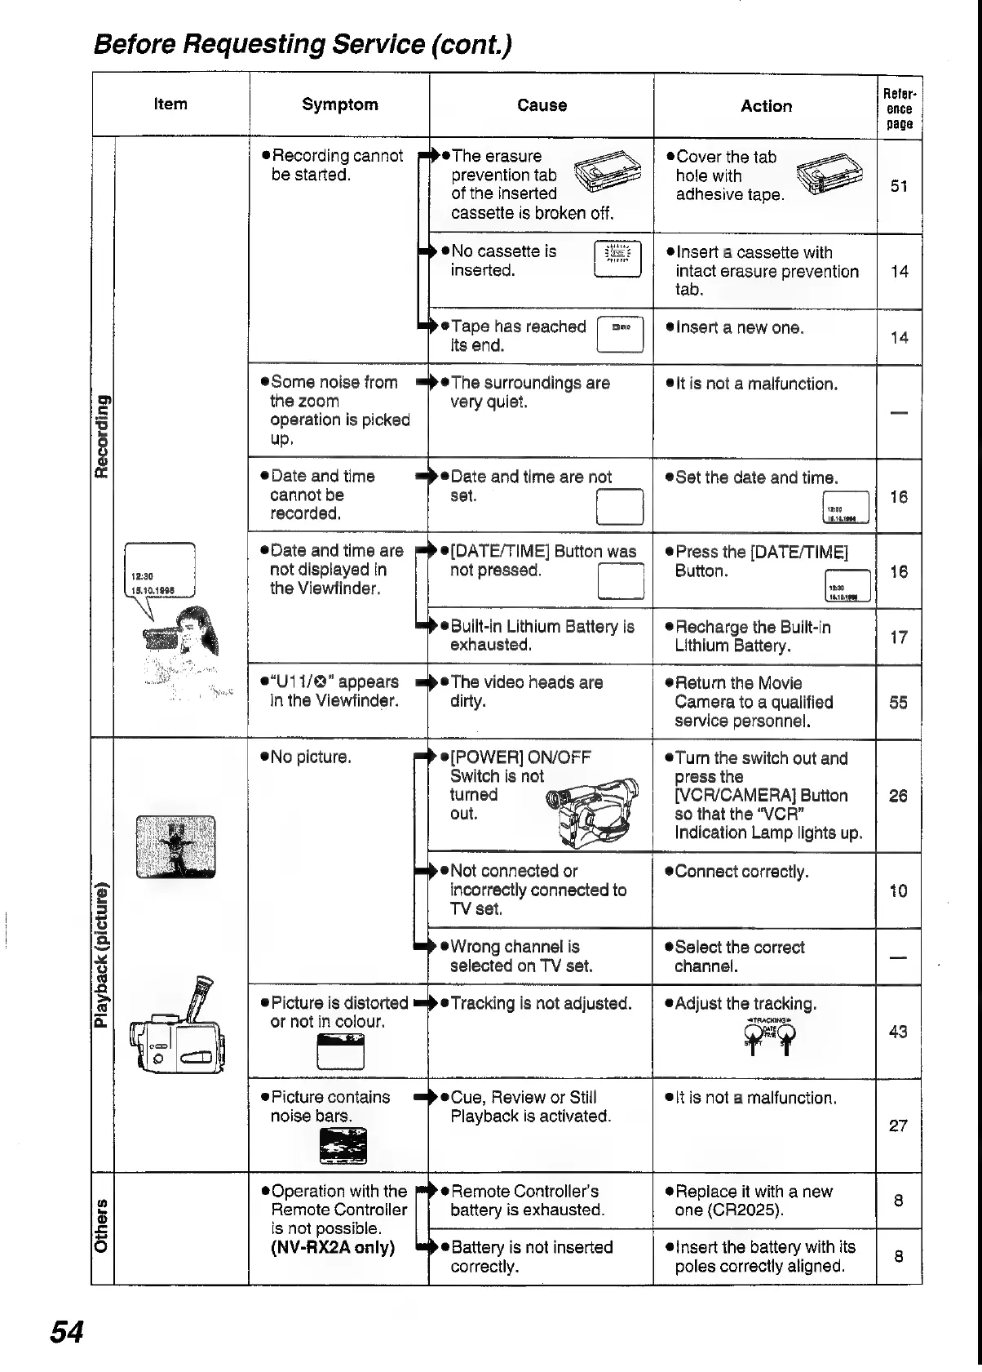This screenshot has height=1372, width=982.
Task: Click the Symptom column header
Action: (x=339, y=104)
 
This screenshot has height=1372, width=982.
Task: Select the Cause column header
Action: (x=542, y=105)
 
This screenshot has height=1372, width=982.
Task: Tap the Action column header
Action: (x=766, y=106)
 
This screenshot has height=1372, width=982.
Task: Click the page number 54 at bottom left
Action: (x=67, y=1332)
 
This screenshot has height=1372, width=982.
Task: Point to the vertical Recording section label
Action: (x=102, y=436)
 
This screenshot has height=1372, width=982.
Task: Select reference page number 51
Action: (x=899, y=186)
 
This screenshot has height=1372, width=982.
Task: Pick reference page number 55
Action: (x=898, y=703)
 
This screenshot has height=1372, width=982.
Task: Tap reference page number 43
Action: (x=898, y=1032)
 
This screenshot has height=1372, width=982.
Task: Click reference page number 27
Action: (x=898, y=1126)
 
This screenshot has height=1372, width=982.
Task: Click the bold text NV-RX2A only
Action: (x=332, y=1247)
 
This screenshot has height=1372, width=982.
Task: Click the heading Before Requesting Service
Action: (x=303, y=43)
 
